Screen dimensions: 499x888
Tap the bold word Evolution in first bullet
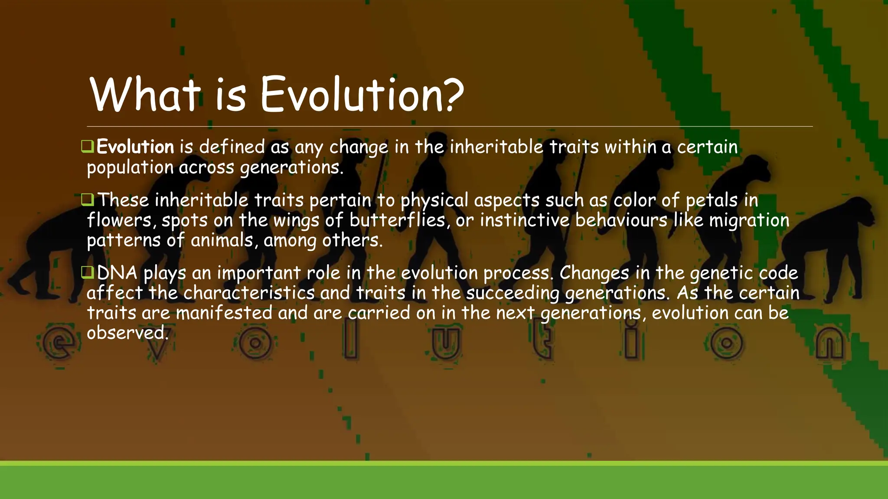(135, 147)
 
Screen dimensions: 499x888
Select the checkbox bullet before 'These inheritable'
(88, 200)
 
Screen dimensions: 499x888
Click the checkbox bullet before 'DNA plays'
(88, 272)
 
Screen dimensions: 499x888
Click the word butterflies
(397, 220)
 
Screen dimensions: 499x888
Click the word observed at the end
(127, 333)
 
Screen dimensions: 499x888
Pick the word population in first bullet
(130, 168)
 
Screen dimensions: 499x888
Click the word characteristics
(249, 293)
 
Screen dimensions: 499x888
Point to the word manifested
(224, 313)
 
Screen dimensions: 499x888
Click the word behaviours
(621, 220)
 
